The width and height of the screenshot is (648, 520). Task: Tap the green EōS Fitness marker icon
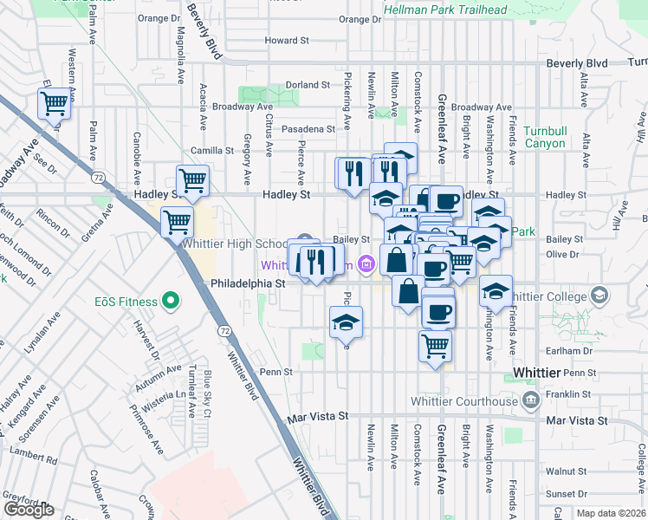172,302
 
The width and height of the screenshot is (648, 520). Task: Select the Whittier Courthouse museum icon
530,400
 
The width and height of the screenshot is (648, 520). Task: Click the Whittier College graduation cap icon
598,296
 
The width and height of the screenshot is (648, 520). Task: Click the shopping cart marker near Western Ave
54,104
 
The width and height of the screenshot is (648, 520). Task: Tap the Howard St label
287,41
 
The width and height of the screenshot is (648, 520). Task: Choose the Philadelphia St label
248,283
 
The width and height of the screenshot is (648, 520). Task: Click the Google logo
29,510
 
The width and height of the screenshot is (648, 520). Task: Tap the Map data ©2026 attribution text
611,513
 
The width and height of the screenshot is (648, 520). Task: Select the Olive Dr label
563,254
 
